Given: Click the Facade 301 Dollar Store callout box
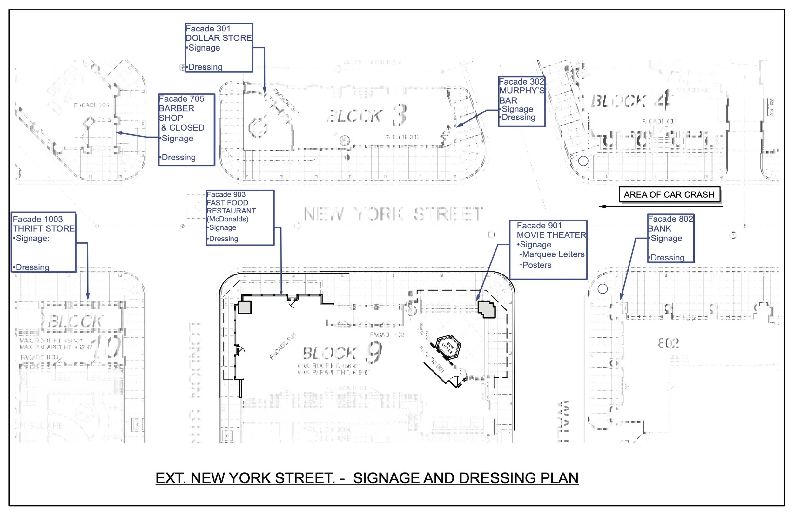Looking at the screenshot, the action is tap(219, 48).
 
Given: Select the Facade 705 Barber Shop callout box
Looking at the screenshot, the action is tap(186, 130).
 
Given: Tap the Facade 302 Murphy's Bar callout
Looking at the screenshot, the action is tap(521, 101).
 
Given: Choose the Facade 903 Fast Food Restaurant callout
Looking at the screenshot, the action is tap(240, 218).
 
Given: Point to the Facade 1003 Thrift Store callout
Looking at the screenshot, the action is tap(44, 242).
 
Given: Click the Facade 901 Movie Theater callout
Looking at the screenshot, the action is tap(548, 249).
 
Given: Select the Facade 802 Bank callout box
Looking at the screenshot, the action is tap(670, 238).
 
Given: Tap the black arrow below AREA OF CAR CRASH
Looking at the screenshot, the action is tap(661, 206).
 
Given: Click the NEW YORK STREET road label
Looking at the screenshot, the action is tap(393, 214).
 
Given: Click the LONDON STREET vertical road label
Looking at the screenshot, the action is tap(195, 381).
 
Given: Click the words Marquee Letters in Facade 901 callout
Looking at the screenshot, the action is tap(553, 254).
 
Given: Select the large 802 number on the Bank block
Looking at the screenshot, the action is tap(668, 343).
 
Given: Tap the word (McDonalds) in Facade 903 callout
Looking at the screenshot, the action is tap(228, 219).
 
